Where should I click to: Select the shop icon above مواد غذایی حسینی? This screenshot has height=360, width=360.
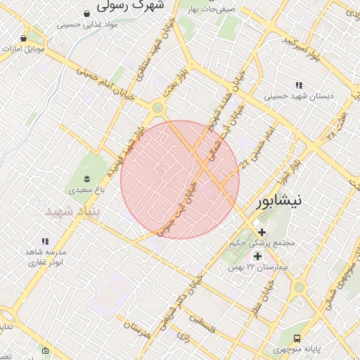click(87, 13)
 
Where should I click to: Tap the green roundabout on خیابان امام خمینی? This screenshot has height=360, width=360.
click(157, 107)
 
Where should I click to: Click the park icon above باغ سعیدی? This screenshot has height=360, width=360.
click(87, 177)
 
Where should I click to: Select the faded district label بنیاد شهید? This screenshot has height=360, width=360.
click(73, 211)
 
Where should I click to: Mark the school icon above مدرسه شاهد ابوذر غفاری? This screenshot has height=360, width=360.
click(46, 240)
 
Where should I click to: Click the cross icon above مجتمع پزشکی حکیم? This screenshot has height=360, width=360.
click(262, 231)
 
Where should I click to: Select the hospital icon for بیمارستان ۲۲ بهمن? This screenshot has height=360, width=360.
click(257, 256)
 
